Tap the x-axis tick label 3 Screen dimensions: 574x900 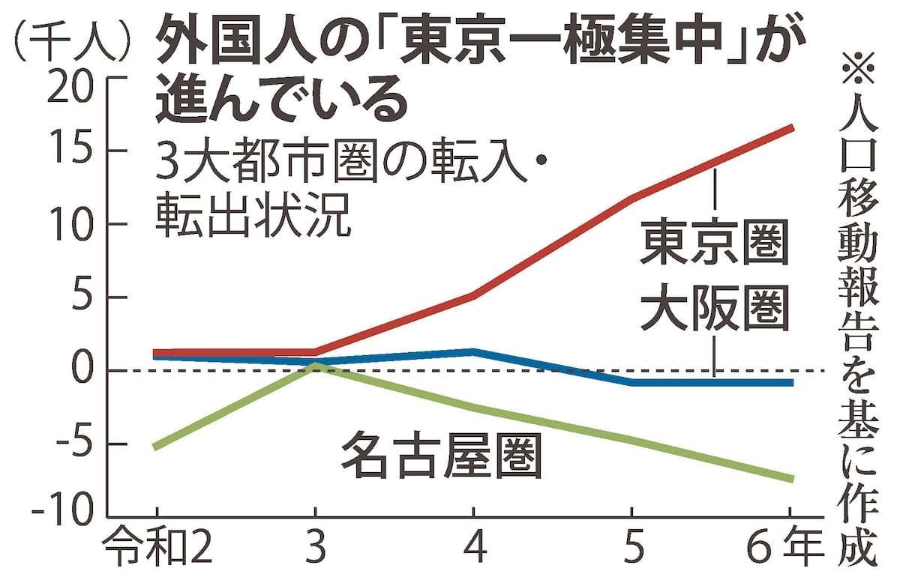[315, 549]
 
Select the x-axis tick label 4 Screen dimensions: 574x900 [473, 549]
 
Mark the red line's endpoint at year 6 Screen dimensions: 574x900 [791, 128]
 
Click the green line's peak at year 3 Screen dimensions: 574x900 [316, 365]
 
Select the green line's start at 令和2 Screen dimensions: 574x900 [154, 447]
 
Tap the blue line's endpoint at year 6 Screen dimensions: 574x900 [791, 383]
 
